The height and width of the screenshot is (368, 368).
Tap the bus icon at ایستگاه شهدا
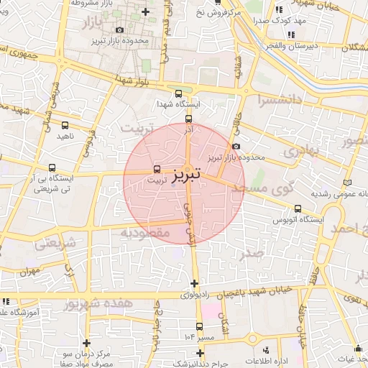pyautogui.click(x=178, y=93)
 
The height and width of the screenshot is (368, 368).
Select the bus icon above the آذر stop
pyautogui.click(x=188, y=119)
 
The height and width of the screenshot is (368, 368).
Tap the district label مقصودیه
pyautogui.click(x=144, y=233)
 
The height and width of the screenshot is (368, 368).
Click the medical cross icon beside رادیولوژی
pyautogui.click(x=194, y=282)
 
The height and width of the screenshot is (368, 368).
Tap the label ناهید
pyautogui.click(x=65, y=136)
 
